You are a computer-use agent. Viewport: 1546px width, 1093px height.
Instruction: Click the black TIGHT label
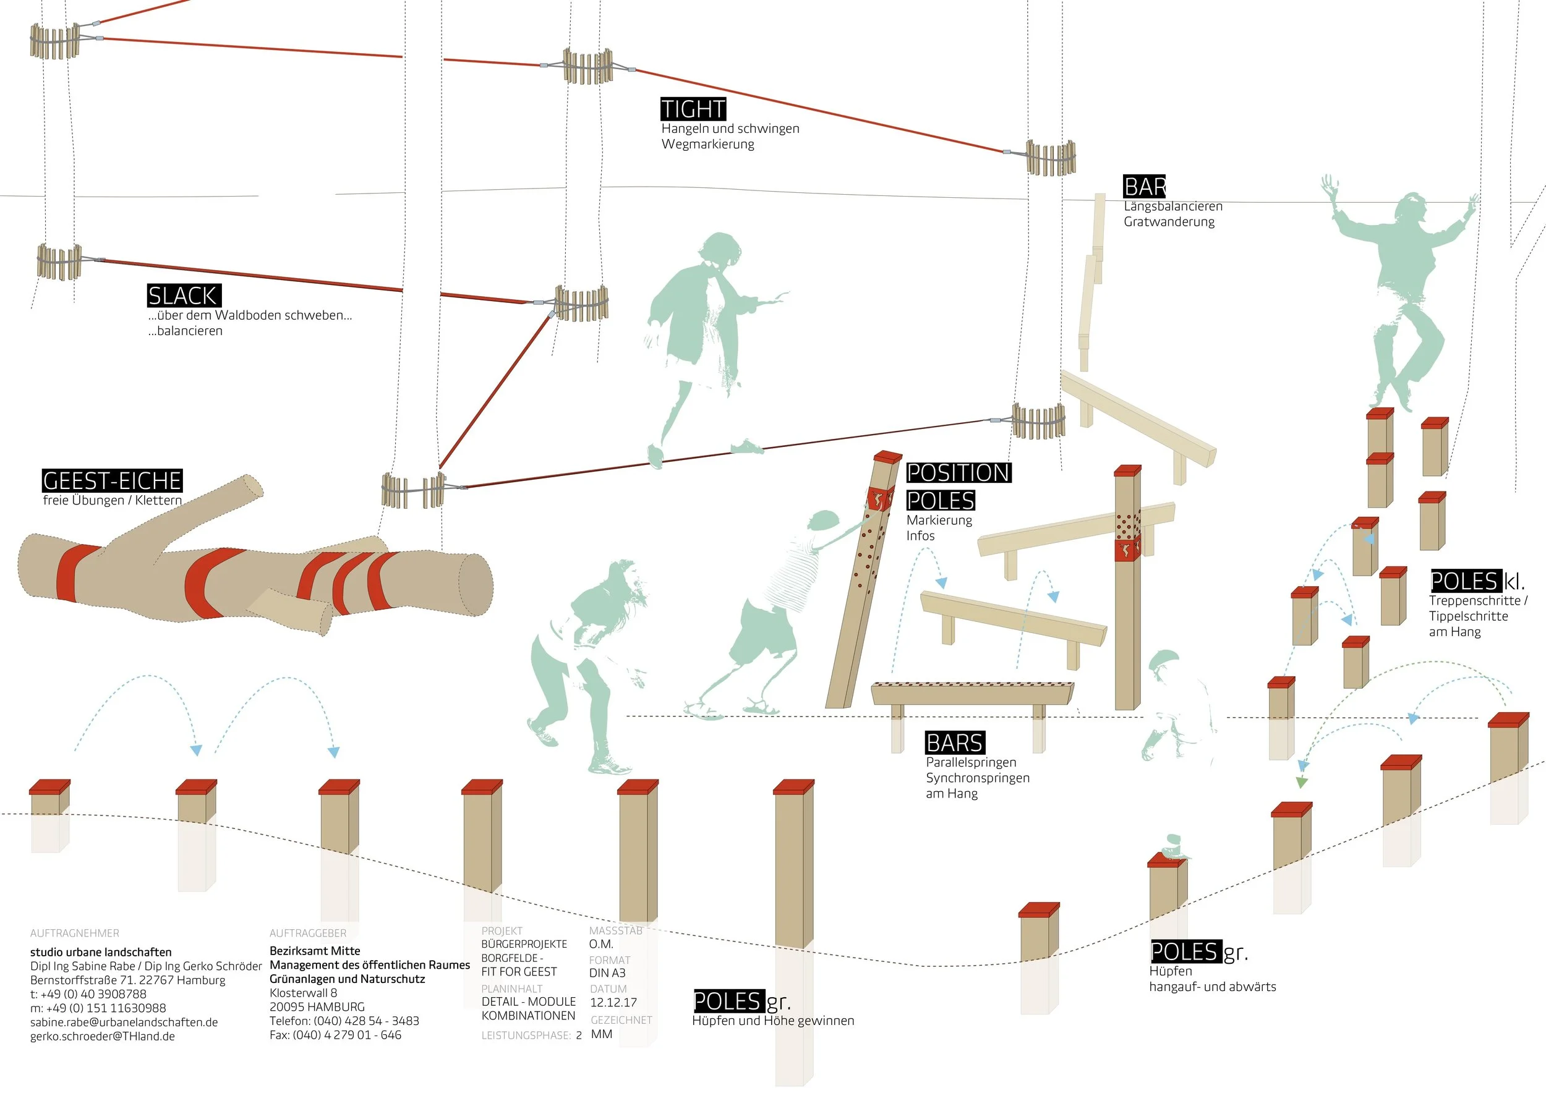[693, 109]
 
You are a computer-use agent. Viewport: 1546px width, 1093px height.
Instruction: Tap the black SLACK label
[184, 296]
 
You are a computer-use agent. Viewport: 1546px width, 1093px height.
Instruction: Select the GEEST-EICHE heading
[112, 480]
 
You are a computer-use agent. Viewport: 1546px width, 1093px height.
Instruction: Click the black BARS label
[955, 742]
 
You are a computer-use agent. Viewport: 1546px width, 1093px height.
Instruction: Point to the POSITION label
[959, 472]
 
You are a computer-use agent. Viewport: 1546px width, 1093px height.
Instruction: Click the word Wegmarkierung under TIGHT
[707, 144]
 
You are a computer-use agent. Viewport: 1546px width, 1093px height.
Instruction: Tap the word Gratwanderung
[1169, 221]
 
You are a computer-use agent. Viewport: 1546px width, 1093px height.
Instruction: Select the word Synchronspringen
[978, 778]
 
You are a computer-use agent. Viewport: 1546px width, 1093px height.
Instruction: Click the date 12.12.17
[613, 1002]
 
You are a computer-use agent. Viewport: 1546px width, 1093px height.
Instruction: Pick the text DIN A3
[607, 972]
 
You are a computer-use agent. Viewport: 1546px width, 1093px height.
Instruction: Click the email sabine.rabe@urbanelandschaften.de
[124, 1022]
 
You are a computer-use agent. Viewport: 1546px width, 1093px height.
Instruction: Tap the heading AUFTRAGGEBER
[308, 933]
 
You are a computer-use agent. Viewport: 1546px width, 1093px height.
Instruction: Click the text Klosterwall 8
[303, 993]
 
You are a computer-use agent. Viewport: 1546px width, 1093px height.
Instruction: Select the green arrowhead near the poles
[1302, 783]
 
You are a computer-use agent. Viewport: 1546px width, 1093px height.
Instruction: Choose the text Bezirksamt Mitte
[314, 950]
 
